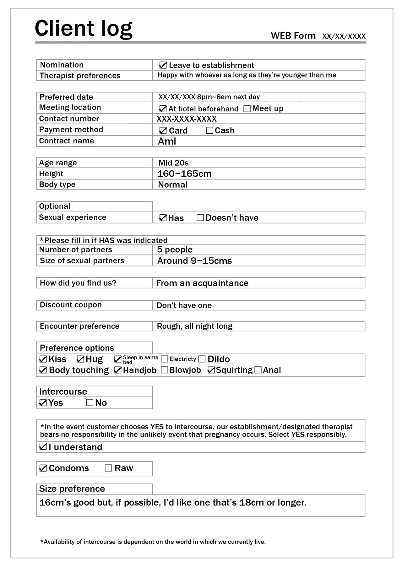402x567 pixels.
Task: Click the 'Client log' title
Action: tap(83, 29)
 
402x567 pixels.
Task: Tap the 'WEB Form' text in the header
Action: tap(293, 36)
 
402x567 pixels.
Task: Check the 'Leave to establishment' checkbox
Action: tap(163, 65)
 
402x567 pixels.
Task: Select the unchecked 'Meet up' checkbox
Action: tap(247, 109)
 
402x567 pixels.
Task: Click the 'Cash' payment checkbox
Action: tap(209, 131)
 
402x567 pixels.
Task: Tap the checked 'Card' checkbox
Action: tap(163, 131)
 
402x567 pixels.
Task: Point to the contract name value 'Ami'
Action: tap(167, 141)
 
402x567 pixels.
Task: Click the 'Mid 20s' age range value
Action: tap(173, 163)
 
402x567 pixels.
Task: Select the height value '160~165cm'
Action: tap(184, 174)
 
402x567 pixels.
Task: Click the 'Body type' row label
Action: tap(57, 185)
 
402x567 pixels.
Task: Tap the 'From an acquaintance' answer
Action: tap(202, 283)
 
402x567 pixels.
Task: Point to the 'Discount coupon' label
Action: tap(71, 305)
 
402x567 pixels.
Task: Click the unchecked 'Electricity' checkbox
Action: tap(165, 359)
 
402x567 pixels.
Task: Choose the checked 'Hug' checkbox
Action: tap(80, 359)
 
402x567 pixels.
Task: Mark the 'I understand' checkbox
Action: tap(43, 447)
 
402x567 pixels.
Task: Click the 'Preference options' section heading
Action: tap(77, 348)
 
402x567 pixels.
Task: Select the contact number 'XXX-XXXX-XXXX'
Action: tap(187, 119)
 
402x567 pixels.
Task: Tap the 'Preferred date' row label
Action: tap(66, 97)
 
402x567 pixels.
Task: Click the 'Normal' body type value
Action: tap(172, 185)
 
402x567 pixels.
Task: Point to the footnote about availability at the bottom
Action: tap(153, 542)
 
